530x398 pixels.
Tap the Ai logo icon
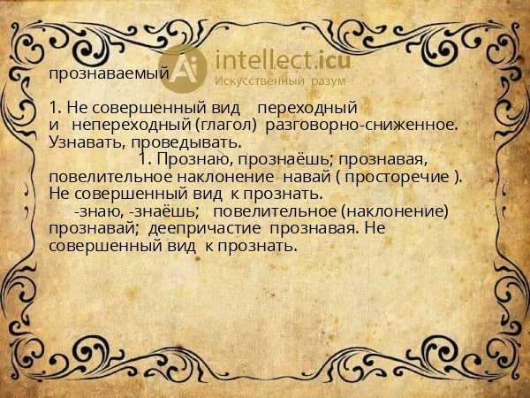pos(185,68)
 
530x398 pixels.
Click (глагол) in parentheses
pos(226,125)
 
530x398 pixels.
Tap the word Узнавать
pos(82,142)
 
